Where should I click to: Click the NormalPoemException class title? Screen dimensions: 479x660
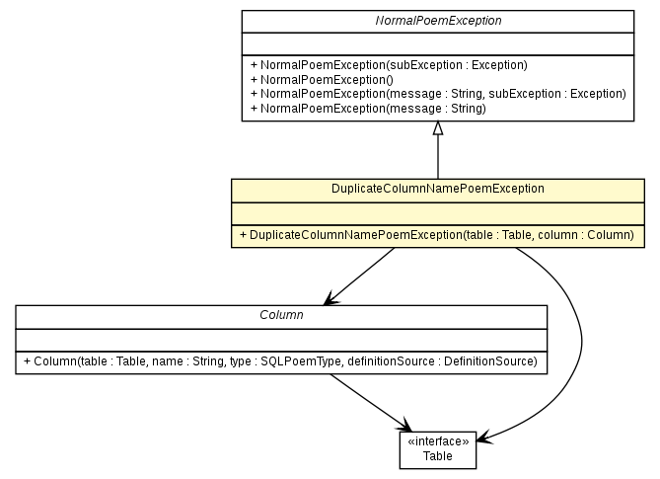point(437,20)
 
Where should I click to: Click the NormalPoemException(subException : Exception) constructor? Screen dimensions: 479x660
point(389,65)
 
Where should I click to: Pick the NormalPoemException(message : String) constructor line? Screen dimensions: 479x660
point(368,108)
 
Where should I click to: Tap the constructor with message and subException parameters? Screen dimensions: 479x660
point(438,94)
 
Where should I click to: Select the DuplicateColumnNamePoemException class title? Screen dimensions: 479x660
point(438,188)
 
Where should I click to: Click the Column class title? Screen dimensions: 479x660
point(281,315)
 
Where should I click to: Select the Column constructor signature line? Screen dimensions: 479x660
point(281,362)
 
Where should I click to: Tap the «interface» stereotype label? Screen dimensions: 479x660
point(438,441)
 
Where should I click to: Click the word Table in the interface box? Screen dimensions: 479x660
point(438,455)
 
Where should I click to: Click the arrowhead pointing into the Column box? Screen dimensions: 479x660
point(329,298)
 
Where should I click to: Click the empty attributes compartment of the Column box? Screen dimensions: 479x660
point(281,339)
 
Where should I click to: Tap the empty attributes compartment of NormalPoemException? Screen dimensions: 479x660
point(437,43)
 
